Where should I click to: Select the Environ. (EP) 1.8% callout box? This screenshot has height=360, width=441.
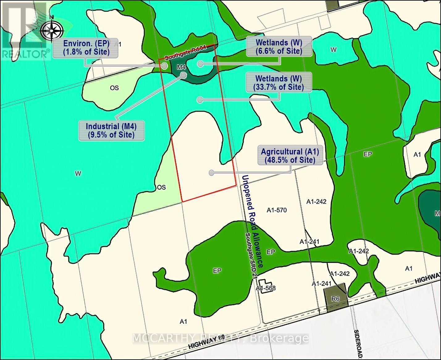pyautogui.click(x=86, y=48)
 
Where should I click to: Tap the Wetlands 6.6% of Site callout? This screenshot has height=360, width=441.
pyautogui.click(x=279, y=47)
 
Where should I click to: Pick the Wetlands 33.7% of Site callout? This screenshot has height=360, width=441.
pyautogui.click(x=279, y=83)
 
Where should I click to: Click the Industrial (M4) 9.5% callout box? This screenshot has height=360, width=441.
pyautogui.click(x=111, y=130)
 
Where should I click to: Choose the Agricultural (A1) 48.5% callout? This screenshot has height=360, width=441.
pyautogui.click(x=290, y=156)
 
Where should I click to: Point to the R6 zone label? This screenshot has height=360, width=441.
pyautogui.click(x=335, y=299)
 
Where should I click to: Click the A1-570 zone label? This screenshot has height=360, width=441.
pyautogui.click(x=277, y=210)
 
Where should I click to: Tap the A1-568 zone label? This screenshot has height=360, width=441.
pyautogui.click(x=266, y=288)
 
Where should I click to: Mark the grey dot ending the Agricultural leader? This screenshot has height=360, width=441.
pyautogui.click(x=212, y=173)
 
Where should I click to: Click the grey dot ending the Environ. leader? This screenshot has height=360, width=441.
pyautogui.click(x=164, y=66)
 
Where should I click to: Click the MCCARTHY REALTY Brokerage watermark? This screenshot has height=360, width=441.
pyautogui.click(x=220, y=338)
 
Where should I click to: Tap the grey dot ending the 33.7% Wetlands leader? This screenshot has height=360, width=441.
pyautogui.click(x=200, y=100)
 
